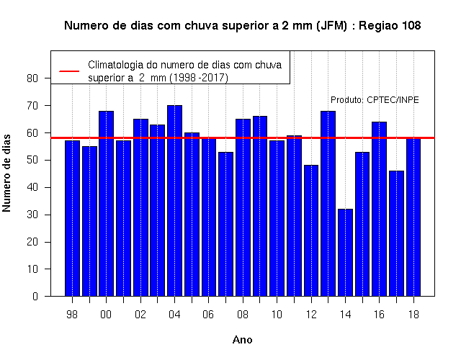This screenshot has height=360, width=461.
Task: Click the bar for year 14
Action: pos(345,253)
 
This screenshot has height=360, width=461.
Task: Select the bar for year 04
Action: pos(174,201)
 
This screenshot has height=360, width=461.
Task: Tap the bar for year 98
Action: pos(72,218)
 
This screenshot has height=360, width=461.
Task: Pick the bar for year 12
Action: pos(311,230)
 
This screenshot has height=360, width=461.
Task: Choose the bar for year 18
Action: pos(413,217)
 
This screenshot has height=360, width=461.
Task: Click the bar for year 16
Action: pos(380,209)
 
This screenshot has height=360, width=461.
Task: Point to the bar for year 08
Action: pos(243,207)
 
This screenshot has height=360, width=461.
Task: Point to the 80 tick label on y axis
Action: pos(32,78)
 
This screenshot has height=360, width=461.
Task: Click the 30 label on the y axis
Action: pos(32,215)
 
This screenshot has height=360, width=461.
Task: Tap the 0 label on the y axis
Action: pos(35,296)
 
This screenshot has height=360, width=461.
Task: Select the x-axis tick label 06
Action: pos(208,315)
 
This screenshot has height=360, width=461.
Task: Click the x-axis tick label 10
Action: pos(277,315)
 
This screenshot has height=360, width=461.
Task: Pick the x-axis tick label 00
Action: pos(106,315)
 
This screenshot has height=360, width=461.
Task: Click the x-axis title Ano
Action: pos(243,340)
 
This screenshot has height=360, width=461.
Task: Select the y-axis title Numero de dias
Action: pos(6,173)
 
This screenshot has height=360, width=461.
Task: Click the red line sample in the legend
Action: pos(69,71)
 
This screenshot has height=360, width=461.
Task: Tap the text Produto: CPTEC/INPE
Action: pos(375,100)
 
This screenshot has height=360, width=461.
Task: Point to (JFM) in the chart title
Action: pos(331,26)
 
